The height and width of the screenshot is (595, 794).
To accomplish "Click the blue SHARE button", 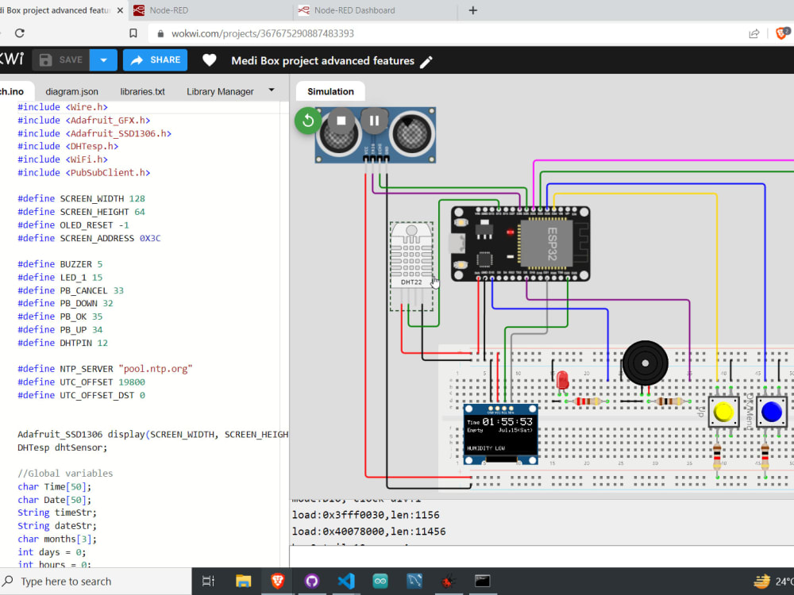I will pos(156,60).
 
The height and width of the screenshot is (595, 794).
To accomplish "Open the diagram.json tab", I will pos(71,91).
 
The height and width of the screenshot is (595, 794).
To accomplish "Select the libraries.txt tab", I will pos(142,91).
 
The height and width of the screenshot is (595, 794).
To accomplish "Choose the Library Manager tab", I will pos(220,91).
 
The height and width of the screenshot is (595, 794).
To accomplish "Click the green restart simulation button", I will pos(307,121).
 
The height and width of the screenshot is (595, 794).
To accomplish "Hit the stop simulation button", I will pos(341,121).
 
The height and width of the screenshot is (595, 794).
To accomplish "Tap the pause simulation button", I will pos(373,121).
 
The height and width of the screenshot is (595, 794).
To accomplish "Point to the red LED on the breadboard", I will pos(563,380).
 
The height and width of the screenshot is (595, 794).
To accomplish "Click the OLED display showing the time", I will pos(500,433).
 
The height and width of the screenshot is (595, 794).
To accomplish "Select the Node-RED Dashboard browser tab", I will pos(354,10).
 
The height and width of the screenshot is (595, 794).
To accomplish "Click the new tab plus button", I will pos(473,10).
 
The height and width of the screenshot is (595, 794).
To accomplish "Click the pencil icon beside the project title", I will pos(426,61).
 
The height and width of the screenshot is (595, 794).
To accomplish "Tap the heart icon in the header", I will pos(209,60).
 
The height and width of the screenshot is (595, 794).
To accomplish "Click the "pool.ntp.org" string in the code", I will pos(156,369).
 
